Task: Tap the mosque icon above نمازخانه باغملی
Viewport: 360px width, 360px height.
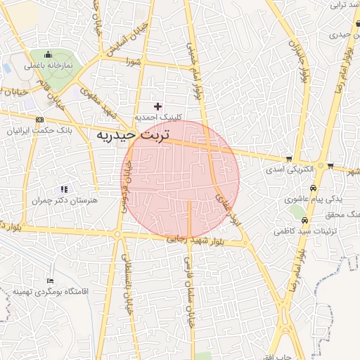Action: (x=49, y=55)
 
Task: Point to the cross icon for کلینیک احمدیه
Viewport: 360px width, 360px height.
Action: (x=158, y=106)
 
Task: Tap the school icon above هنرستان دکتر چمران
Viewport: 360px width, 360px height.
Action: (x=64, y=189)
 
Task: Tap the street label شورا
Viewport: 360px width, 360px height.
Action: (x=134, y=62)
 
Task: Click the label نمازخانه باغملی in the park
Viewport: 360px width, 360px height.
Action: (x=49, y=65)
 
